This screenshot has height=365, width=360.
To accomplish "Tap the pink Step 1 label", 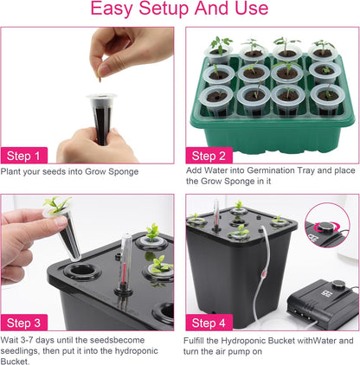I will pyautogui.click(x=25, y=156).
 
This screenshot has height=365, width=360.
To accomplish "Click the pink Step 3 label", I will pyautogui.click(x=25, y=323).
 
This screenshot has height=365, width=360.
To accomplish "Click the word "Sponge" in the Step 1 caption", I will pyautogui.click(x=121, y=172).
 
